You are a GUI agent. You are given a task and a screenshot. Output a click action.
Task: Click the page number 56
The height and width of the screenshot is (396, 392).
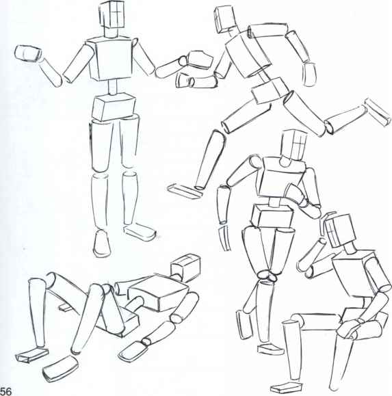(x=8, y=390)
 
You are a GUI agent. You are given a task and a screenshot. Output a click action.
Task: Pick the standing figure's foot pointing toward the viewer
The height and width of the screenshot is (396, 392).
(x=101, y=242)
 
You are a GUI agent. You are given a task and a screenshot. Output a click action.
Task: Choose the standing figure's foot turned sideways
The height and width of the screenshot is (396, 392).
(x=140, y=231)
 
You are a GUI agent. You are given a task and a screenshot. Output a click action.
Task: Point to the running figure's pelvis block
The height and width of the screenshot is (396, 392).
(x=270, y=91)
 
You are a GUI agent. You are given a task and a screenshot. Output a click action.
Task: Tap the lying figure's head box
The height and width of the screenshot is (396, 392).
(x=184, y=267)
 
